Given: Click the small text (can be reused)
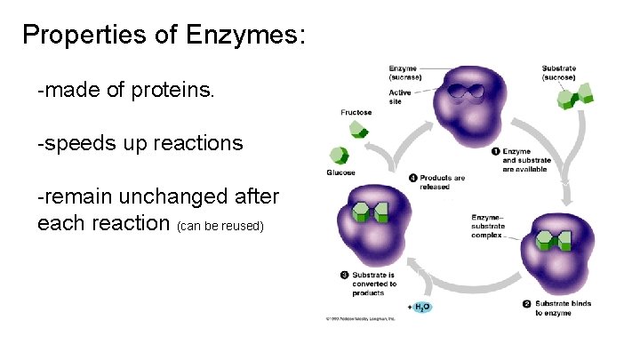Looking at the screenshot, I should (x=221, y=226).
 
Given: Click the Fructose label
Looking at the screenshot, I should (x=356, y=113).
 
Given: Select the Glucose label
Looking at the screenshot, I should (x=341, y=172).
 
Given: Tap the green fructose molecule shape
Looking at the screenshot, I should (x=358, y=131).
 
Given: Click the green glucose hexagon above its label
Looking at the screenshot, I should (x=337, y=155).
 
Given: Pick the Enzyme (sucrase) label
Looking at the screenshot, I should (x=404, y=73).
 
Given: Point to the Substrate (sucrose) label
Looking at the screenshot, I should (x=559, y=73).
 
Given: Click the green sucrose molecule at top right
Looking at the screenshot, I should (x=566, y=95).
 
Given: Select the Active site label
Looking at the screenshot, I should (x=400, y=97).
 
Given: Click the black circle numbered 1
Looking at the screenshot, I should (x=496, y=151).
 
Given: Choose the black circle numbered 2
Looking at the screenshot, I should (x=528, y=304).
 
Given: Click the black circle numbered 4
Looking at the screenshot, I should (x=413, y=178).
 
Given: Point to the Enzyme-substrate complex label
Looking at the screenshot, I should (x=488, y=227).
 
